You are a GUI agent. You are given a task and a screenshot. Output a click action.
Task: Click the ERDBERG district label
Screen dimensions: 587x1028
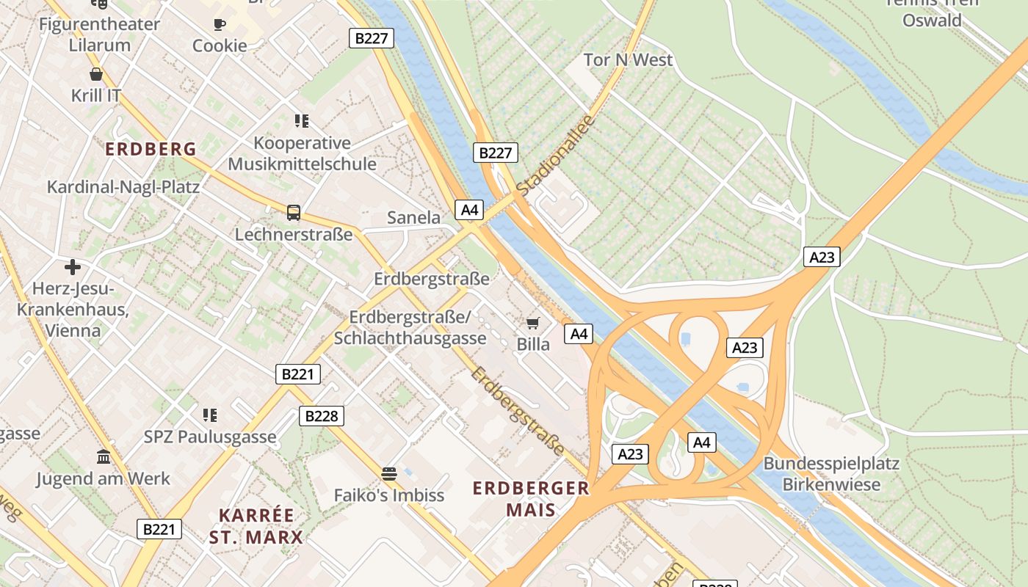[x=151, y=150]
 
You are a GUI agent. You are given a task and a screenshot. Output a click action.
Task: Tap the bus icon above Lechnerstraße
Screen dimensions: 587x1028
[x=294, y=213]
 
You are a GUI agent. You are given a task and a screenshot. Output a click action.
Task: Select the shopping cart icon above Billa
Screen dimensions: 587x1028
[x=533, y=323]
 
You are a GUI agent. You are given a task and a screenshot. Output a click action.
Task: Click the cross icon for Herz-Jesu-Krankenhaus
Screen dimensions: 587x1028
[x=72, y=266]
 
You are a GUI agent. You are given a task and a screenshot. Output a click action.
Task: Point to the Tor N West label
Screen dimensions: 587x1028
[x=628, y=60]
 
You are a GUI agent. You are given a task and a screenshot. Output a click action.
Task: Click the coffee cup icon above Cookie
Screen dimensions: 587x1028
[x=220, y=24]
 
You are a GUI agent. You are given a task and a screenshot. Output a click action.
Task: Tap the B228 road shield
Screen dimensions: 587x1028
[x=322, y=416]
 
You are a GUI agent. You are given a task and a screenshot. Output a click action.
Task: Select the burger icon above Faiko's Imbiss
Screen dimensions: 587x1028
[x=389, y=473]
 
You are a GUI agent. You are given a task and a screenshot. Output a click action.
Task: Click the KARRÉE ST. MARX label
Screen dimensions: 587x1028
[x=256, y=526]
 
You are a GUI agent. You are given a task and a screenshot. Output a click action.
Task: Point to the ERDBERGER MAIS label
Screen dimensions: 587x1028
[x=531, y=498]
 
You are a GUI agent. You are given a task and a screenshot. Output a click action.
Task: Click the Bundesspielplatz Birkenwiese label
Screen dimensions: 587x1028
[x=831, y=474]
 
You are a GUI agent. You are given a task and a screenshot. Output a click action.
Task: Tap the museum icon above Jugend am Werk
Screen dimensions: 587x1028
[x=104, y=456]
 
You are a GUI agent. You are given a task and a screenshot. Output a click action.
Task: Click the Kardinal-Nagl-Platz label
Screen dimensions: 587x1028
[x=123, y=187]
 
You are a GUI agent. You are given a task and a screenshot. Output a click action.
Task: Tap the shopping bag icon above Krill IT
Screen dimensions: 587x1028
[x=96, y=74]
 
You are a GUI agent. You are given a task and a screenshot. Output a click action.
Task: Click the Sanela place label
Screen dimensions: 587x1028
[x=413, y=218]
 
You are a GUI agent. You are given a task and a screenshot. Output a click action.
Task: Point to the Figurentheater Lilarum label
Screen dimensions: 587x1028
[x=99, y=34]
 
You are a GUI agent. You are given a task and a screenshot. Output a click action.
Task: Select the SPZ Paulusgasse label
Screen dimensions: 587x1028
[x=210, y=437]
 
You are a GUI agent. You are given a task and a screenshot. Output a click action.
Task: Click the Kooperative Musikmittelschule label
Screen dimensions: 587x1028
[x=302, y=153]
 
